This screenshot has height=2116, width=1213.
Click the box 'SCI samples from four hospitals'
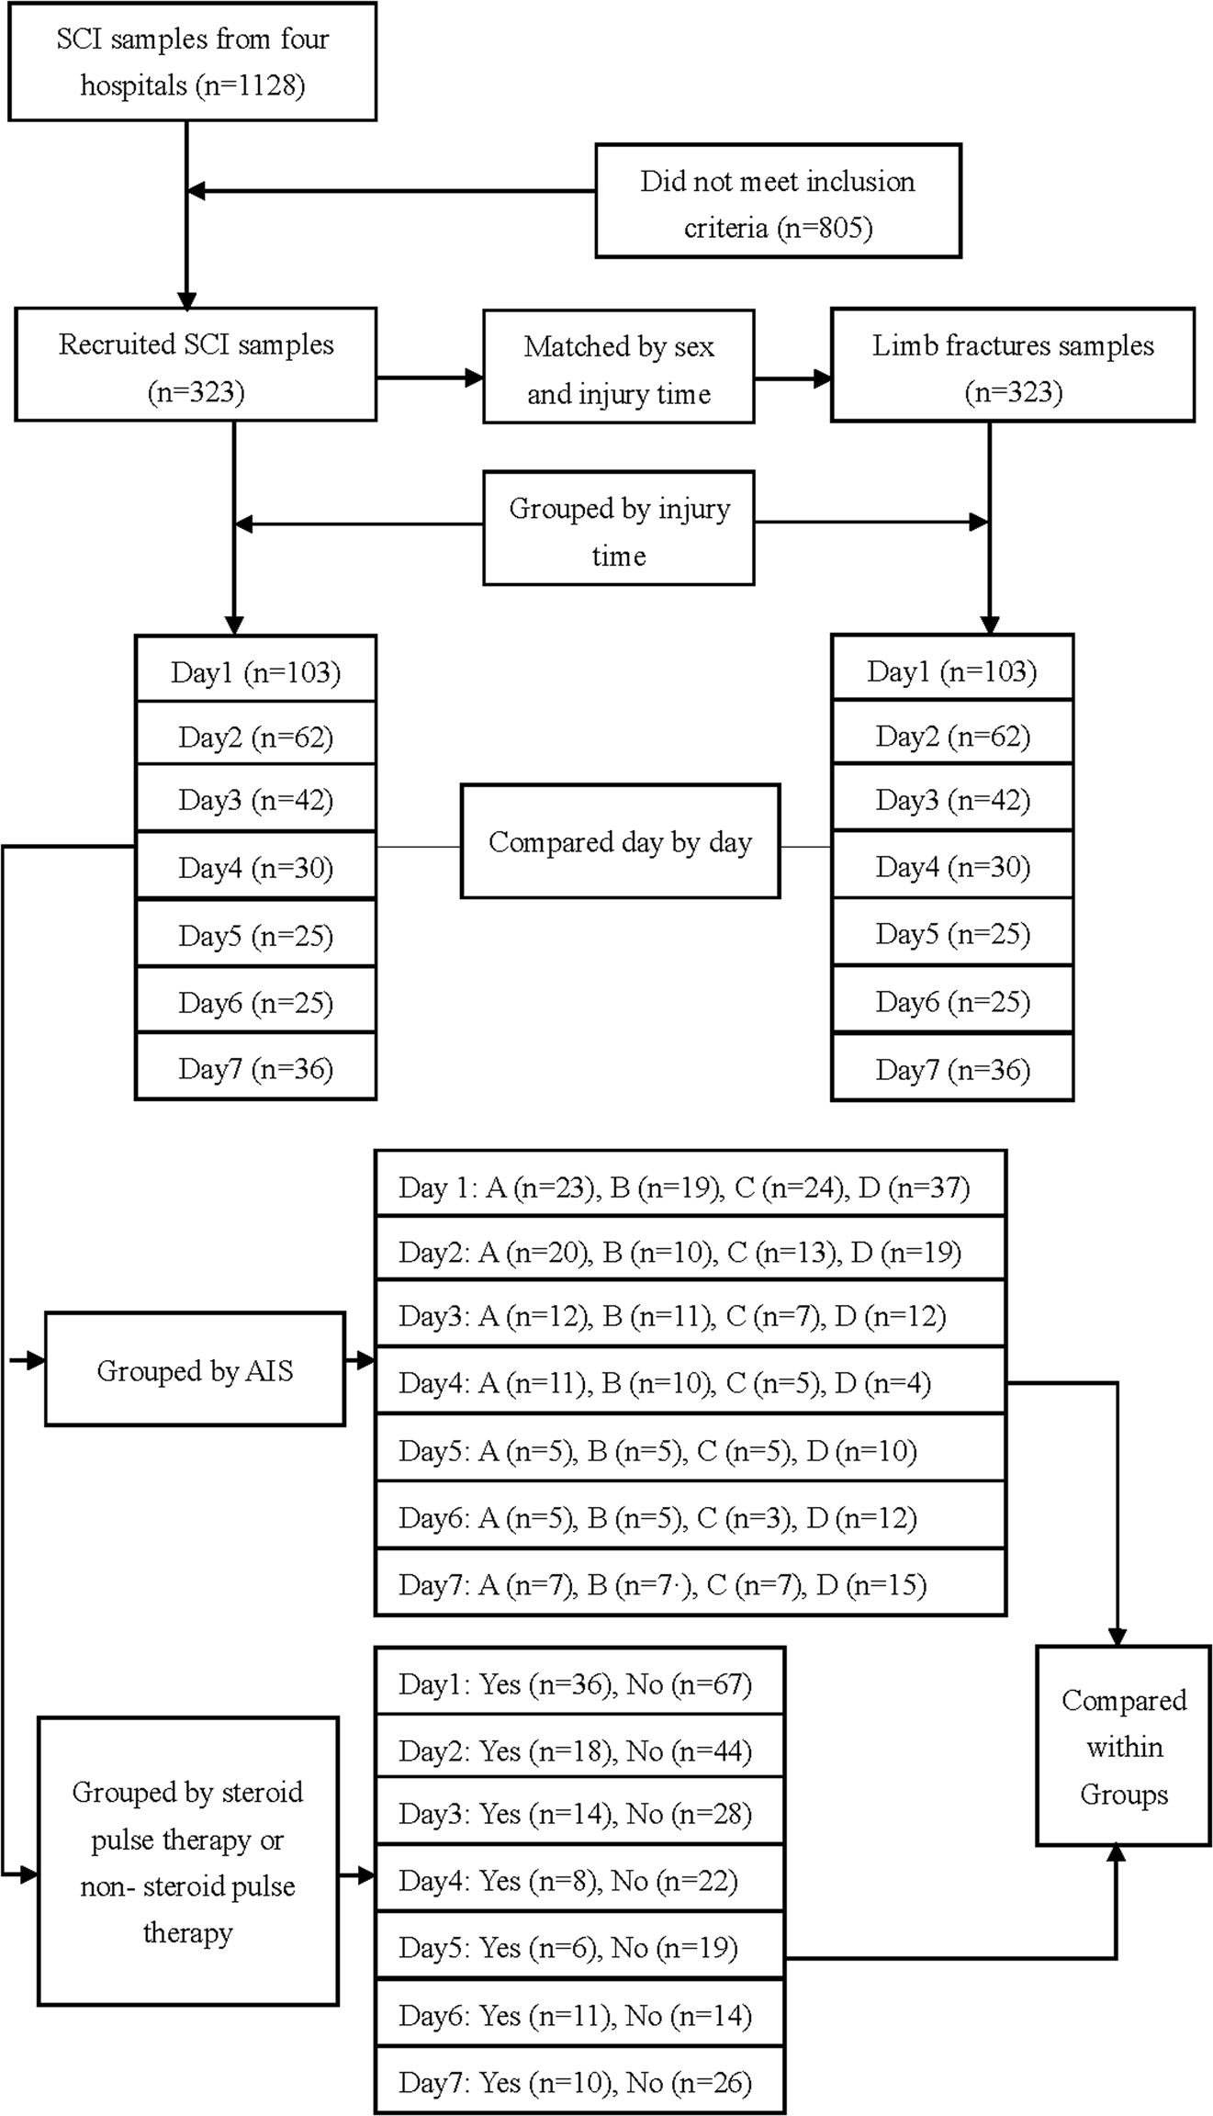click(192, 62)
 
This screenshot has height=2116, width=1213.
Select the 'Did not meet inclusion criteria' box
click(778, 201)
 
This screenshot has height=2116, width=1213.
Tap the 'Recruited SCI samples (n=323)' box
click(196, 366)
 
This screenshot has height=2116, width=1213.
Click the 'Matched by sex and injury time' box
click(618, 367)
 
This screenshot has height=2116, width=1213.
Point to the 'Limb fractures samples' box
click(1013, 366)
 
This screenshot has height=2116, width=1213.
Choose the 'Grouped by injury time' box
click(618, 529)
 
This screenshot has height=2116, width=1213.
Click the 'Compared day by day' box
click(620, 841)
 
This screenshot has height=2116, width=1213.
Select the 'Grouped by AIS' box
click(195, 1369)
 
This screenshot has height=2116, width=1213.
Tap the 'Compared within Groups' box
click(1123, 1746)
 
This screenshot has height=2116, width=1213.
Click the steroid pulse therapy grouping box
click(187, 1861)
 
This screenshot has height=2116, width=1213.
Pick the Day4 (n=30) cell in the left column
click(255, 867)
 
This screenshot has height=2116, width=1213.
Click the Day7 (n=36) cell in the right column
click(952, 1069)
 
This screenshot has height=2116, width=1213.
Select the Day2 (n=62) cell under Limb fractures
click(952, 736)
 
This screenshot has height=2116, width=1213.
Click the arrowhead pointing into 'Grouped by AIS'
click(36, 1359)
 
